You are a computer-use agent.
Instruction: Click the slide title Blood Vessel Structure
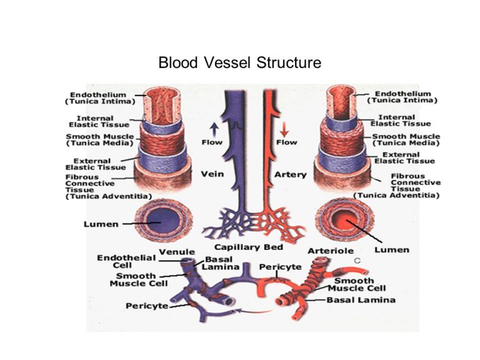point(239,63)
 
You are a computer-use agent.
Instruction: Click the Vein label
point(212,174)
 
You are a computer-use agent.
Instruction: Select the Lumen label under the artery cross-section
point(392,249)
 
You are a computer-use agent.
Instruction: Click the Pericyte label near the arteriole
point(281,266)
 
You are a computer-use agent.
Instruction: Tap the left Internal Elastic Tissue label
point(97,121)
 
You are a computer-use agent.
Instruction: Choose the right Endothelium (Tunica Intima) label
point(402,96)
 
